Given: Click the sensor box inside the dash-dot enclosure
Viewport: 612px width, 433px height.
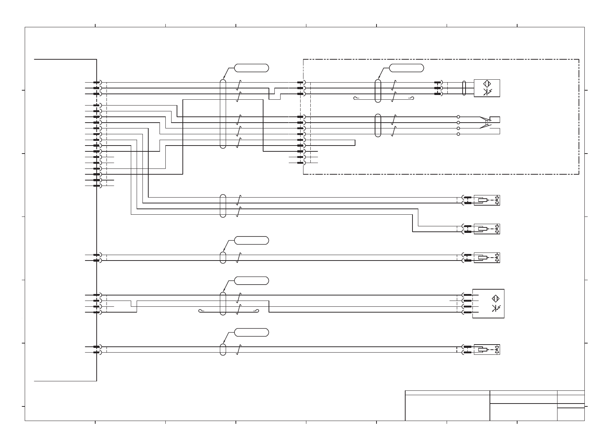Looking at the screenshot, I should point(487,88).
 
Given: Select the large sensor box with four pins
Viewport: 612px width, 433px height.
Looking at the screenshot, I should point(488,303).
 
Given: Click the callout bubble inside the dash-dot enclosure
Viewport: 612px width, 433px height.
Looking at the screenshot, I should point(406,68).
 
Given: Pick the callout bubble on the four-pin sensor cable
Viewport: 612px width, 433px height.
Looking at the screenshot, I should point(251,281).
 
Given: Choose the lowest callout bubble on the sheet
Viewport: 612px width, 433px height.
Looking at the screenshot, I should point(251,332).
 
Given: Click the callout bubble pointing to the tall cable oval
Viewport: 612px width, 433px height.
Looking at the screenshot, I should point(251,68).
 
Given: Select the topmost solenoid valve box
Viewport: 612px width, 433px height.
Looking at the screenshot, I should point(487,200).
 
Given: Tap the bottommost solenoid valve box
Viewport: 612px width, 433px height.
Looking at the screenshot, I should point(487,350).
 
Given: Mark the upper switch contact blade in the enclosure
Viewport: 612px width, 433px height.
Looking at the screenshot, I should point(485,119).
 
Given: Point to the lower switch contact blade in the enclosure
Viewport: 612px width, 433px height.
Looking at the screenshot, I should point(485,127).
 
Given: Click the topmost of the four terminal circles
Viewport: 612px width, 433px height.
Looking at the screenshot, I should point(458,117).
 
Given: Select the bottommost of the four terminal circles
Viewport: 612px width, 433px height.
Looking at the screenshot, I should point(458,134).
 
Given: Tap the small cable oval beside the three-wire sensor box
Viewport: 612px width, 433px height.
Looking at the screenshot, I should point(464,88).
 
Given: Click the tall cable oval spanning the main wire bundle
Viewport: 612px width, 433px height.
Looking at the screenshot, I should point(223,114).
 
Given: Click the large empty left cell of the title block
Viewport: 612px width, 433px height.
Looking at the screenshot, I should point(447,408).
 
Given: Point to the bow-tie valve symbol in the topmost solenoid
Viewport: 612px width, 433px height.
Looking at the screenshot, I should point(497,200).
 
